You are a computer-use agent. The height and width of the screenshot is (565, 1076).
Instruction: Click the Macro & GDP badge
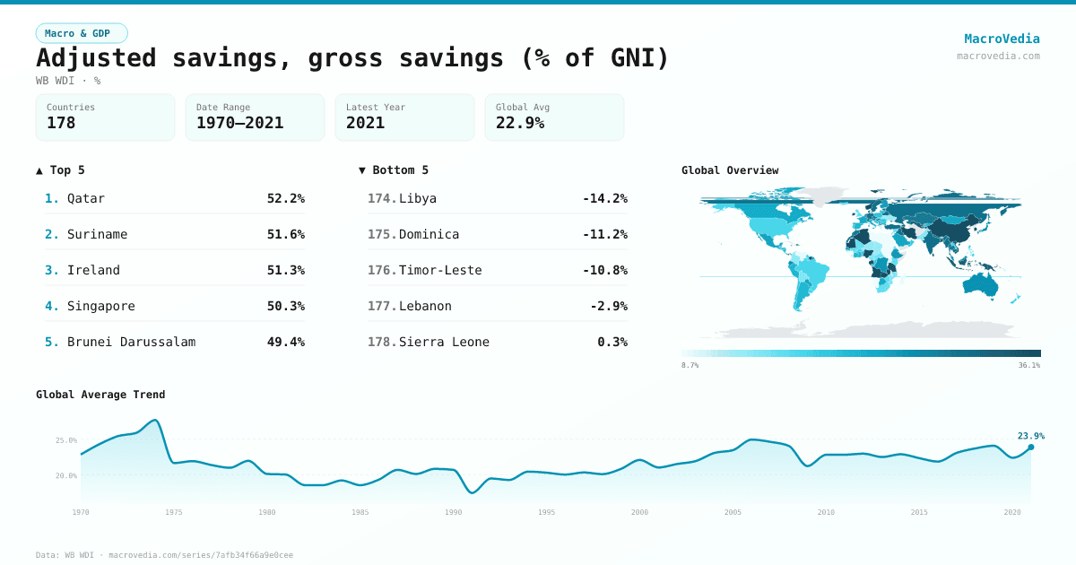(82, 33)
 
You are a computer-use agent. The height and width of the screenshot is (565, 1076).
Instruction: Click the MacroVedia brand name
(1002, 39)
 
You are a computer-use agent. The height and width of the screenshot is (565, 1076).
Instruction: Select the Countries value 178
(61, 123)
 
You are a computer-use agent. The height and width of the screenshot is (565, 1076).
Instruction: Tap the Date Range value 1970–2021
(239, 123)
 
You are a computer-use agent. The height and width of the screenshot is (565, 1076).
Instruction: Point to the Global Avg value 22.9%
(520, 123)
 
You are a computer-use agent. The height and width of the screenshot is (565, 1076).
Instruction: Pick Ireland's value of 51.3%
(285, 270)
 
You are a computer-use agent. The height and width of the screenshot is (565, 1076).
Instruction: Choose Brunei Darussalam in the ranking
(131, 342)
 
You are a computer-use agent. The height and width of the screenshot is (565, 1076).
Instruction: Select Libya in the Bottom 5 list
(418, 198)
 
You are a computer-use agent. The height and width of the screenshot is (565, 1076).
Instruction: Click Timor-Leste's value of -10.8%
(604, 270)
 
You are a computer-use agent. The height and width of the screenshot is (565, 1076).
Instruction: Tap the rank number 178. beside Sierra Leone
(382, 342)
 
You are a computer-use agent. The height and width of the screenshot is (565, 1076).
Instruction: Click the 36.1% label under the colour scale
(1028, 365)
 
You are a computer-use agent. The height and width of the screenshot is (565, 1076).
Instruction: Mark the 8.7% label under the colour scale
(690, 365)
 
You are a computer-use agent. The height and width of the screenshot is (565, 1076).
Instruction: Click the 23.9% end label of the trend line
(1030, 436)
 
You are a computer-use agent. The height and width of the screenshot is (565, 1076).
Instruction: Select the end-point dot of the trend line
(1030, 447)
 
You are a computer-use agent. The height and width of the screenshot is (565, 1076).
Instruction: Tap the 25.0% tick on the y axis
(66, 440)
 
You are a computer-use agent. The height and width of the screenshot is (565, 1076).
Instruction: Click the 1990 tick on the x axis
(454, 512)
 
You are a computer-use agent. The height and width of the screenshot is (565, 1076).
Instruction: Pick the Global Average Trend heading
(100, 395)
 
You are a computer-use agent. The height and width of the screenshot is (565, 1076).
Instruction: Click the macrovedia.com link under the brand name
(998, 56)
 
